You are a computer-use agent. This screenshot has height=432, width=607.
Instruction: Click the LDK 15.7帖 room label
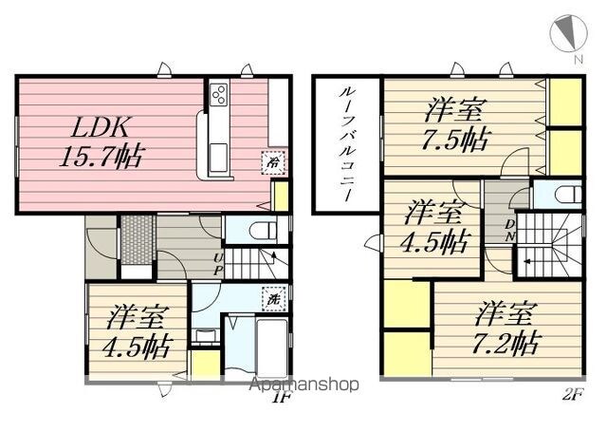[101, 141]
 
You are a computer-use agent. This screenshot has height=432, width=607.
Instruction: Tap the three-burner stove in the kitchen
[219, 94]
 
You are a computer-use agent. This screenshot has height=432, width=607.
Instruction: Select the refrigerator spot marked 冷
[274, 162]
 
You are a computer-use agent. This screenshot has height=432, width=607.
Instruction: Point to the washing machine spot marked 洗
[274, 299]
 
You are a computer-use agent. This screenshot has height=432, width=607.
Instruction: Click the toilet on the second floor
[568, 194]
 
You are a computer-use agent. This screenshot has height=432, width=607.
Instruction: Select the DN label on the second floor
[510, 231]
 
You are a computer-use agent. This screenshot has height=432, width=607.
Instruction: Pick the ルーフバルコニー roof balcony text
[345, 143]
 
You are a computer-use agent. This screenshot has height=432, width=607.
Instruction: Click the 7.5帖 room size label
[455, 139]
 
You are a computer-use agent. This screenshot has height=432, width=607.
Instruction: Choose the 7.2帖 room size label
[506, 343]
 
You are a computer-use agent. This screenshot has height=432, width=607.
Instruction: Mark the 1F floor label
[283, 397]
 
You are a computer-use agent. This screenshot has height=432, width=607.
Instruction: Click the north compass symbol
[569, 32]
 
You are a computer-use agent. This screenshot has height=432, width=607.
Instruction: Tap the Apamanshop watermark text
[304, 385]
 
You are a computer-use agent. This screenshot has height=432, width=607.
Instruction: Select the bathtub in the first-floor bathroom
[272, 347]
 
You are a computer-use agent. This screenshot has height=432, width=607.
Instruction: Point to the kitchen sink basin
[219, 157]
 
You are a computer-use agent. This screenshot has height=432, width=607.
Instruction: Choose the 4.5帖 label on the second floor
[435, 241]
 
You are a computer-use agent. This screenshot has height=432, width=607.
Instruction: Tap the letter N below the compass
[579, 60]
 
